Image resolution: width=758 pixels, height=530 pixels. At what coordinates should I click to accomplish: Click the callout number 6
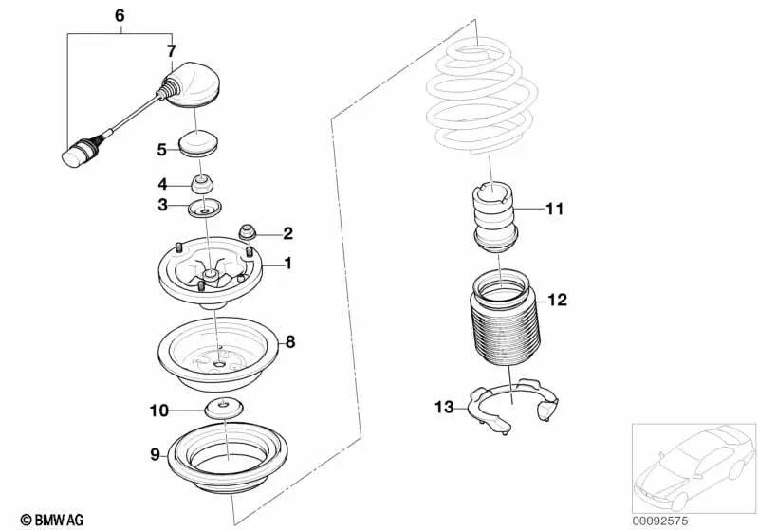[119, 16]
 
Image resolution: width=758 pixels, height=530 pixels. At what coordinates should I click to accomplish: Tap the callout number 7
[171, 50]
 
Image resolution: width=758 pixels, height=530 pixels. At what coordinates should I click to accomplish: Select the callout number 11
[554, 208]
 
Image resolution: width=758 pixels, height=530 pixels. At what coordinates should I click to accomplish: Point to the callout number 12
[557, 301]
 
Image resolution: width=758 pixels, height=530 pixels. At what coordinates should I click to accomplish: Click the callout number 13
[444, 407]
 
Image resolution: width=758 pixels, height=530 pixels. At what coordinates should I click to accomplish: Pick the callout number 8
[291, 338]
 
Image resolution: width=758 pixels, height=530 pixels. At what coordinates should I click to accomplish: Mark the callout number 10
[157, 411]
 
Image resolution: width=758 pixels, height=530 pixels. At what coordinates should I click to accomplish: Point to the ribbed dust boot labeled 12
[500, 322]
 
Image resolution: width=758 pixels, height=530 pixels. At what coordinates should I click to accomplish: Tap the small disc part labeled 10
[223, 411]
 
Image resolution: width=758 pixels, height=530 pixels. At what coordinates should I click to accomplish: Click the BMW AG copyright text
[46, 519]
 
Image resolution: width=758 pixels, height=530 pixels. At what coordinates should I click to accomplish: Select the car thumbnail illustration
[692, 465]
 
